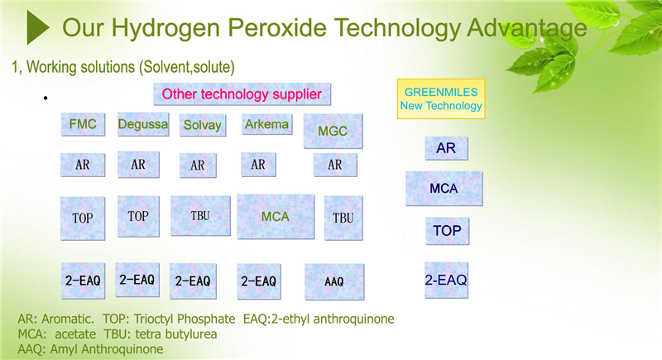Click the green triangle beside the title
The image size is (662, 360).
(x=37, y=27)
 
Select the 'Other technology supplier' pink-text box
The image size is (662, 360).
(x=242, y=94)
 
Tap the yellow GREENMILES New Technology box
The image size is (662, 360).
(x=441, y=98)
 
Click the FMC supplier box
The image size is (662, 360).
(x=84, y=124)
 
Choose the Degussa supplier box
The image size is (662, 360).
(x=143, y=124)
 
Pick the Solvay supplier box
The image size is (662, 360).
(x=203, y=125)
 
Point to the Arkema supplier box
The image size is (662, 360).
(x=266, y=124)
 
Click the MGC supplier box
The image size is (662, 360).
(x=333, y=132)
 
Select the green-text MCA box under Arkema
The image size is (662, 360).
(x=276, y=217)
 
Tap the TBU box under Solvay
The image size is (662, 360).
(x=200, y=216)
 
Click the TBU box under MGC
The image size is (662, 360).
(x=343, y=218)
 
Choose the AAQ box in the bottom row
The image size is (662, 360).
(x=334, y=282)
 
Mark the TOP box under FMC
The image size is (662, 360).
(x=83, y=218)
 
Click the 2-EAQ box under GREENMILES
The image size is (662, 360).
(x=446, y=280)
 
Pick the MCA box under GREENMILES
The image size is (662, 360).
(x=444, y=188)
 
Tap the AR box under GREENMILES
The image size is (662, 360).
(x=446, y=148)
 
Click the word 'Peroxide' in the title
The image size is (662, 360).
(x=277, y=28)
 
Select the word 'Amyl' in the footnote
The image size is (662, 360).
(x=65, y=349)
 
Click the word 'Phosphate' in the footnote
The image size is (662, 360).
(x=206, y=319)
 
